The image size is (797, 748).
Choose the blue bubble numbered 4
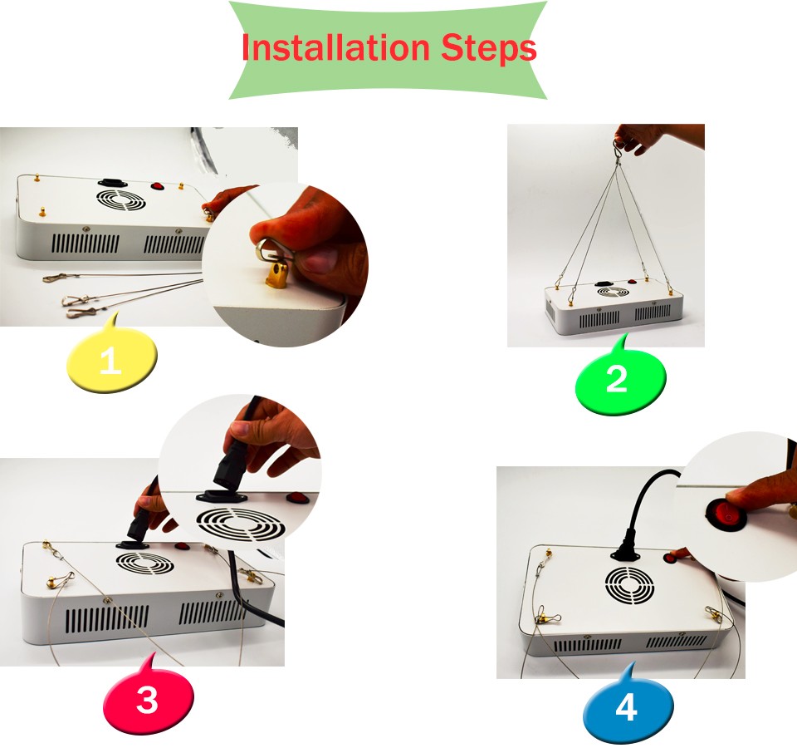coord(628,706)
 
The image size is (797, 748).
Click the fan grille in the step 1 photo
coord(121,200)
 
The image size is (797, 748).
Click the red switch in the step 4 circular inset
coord(725,516)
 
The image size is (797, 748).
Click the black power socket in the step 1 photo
coord(110,182)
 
